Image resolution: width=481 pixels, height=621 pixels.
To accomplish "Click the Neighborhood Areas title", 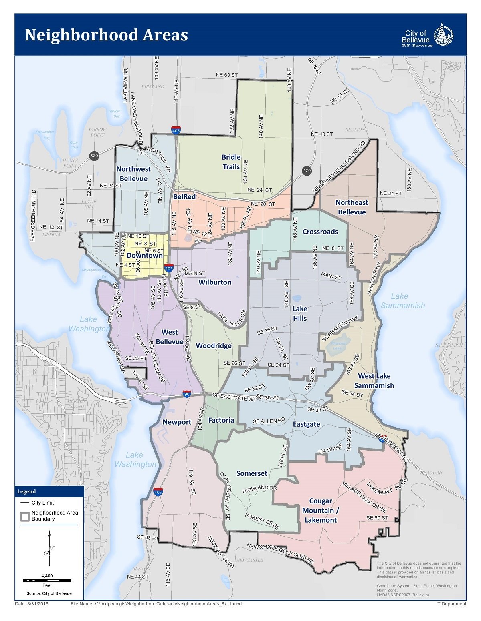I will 106,35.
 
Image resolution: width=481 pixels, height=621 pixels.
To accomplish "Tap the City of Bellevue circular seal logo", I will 444,35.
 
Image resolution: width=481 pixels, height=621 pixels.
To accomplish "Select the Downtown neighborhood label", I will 145,255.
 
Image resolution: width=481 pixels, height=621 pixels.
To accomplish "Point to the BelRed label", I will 184,196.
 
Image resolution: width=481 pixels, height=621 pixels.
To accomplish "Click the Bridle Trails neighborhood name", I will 231,162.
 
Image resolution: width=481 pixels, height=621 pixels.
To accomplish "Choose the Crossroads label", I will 320,232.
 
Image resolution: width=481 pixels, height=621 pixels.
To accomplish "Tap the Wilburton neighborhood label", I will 215,282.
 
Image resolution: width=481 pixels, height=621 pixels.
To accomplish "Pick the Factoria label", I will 221,420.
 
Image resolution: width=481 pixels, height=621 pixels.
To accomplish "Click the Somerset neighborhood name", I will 252,473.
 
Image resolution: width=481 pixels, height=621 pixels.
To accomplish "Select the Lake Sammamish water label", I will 403,301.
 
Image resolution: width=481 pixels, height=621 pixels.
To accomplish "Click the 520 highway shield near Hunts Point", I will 94,156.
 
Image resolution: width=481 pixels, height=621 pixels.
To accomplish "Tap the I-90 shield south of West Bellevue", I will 187,394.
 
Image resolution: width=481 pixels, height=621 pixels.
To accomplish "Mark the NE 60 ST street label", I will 227,75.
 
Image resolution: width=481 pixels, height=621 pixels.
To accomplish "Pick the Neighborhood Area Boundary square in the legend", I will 25,516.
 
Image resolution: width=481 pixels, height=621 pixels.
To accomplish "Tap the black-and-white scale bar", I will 47,580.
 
